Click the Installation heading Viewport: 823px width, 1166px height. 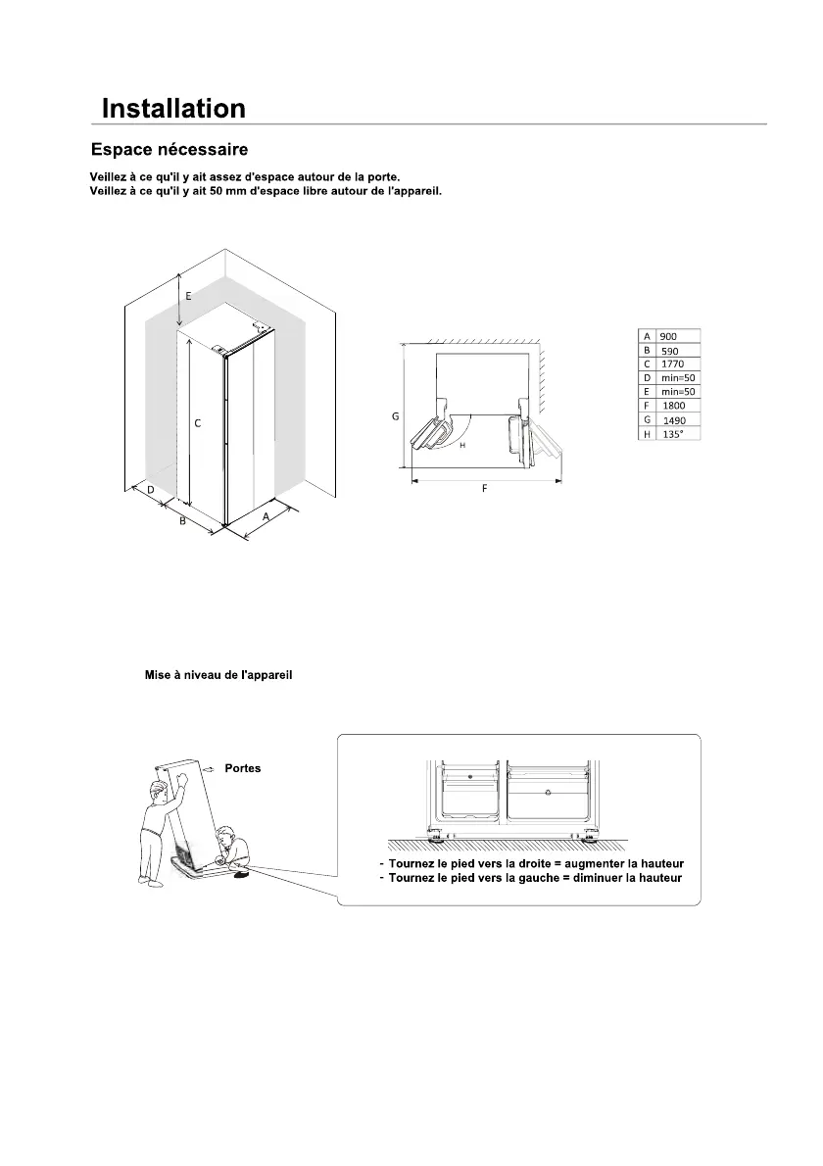pos(173,108)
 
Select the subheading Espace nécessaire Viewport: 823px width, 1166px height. pos(169,150)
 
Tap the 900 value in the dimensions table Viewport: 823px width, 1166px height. pos(668,336)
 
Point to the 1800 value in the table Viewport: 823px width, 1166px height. pos(673,405)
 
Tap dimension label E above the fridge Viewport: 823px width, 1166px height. pos(188,295)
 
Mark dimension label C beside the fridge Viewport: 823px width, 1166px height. pos(198,423)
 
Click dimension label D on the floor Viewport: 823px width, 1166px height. pos(151,488)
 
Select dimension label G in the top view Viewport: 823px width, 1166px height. pos(395,416)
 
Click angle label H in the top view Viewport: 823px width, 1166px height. pos(461,444)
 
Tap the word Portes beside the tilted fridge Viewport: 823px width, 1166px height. pos(242,768)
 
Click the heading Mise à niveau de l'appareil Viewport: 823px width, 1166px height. pos(218,676)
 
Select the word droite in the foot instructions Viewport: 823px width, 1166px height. pos(544,863)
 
